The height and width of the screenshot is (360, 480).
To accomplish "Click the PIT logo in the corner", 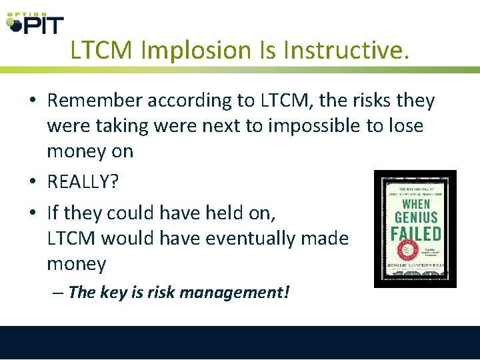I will tap(35, 23).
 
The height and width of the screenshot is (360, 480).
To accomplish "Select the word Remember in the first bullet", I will tap(94, 101).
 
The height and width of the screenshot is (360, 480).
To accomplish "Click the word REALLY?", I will tap(83, 182).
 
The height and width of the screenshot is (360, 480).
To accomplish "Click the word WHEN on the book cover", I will tap(417, 203).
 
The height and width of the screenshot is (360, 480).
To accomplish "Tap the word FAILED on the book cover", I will tap(415, 233).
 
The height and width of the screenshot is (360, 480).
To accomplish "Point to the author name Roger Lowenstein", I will tap(415, 265).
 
